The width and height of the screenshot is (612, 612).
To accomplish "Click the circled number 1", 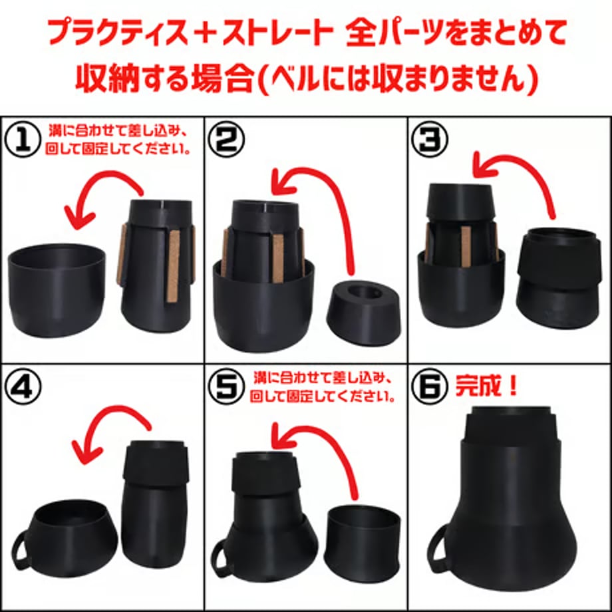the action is click(22, 140).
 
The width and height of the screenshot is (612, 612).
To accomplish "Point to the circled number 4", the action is click(23, 386).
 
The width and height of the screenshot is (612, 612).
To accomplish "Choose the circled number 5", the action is click(227, 386).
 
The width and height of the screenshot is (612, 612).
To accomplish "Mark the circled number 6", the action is click(430, 386).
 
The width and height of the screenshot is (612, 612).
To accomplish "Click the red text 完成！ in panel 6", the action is click(486, 386).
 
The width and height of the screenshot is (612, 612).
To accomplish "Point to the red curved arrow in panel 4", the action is click(113, 414).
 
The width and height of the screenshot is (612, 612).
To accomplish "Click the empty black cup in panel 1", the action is click(57, 291).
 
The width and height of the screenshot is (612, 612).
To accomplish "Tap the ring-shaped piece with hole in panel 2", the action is click(364, 312).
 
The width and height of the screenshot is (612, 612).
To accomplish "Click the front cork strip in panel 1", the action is click(174, 266).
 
